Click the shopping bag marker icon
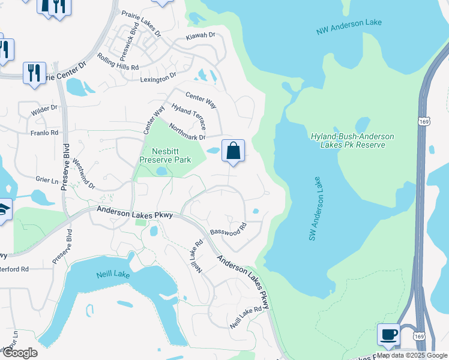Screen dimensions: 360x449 (234, 151)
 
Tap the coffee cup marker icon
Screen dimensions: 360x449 (388, 334)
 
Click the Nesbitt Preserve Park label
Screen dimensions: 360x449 (165, 155)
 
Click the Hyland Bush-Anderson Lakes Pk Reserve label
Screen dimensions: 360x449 (352, 140)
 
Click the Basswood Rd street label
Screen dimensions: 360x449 (229, 230)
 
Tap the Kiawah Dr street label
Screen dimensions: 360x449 (200, 36)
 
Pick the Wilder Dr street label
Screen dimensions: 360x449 (46, 108)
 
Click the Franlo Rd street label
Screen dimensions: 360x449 (46, 133)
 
